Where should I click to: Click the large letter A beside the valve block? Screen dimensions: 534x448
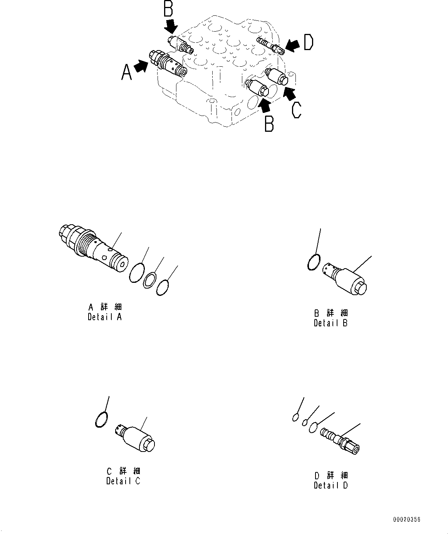pyautogui.click(x=127, y=72)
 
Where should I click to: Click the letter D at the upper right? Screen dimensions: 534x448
pyautogui.click(x=308, y=43)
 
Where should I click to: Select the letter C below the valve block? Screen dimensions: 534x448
pyautogui.click(x=296, y=110)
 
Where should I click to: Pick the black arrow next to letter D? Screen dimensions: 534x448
pyautogui.click(x=293, y=46)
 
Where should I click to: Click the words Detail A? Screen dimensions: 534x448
pyautogui.click(x=105, y=317)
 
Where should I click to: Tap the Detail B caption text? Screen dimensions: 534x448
pyautogui.click(x=331, y=323)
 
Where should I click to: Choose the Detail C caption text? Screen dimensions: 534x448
pyautogui.click(x=123, y=481)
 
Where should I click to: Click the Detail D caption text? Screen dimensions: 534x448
pyautogui.click(x=331, y=485)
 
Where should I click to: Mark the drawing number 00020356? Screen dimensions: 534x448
pyautogui.click(x=407, y=520)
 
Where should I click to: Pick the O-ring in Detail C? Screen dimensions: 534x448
pyautogui.click(x=101, y=419)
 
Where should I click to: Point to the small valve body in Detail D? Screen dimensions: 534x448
pyautogui.click(x=340, y=442)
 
